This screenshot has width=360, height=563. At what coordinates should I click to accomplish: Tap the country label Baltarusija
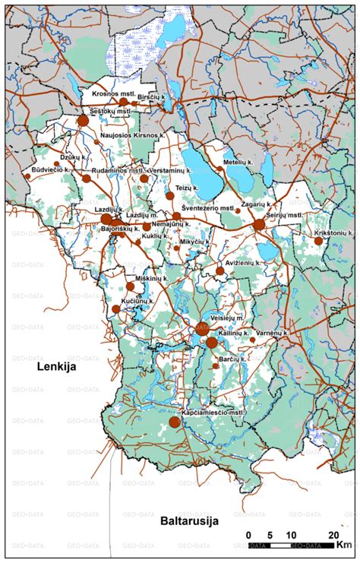189,521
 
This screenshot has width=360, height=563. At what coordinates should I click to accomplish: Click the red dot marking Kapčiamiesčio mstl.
175,422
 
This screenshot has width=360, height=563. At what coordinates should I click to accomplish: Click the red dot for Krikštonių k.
319,241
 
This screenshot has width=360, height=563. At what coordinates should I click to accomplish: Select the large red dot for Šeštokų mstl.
83,120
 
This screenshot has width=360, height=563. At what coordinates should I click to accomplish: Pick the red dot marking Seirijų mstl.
259,224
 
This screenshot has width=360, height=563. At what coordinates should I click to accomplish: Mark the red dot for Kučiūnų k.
115,309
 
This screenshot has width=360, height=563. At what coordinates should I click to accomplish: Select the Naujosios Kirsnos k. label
133,134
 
